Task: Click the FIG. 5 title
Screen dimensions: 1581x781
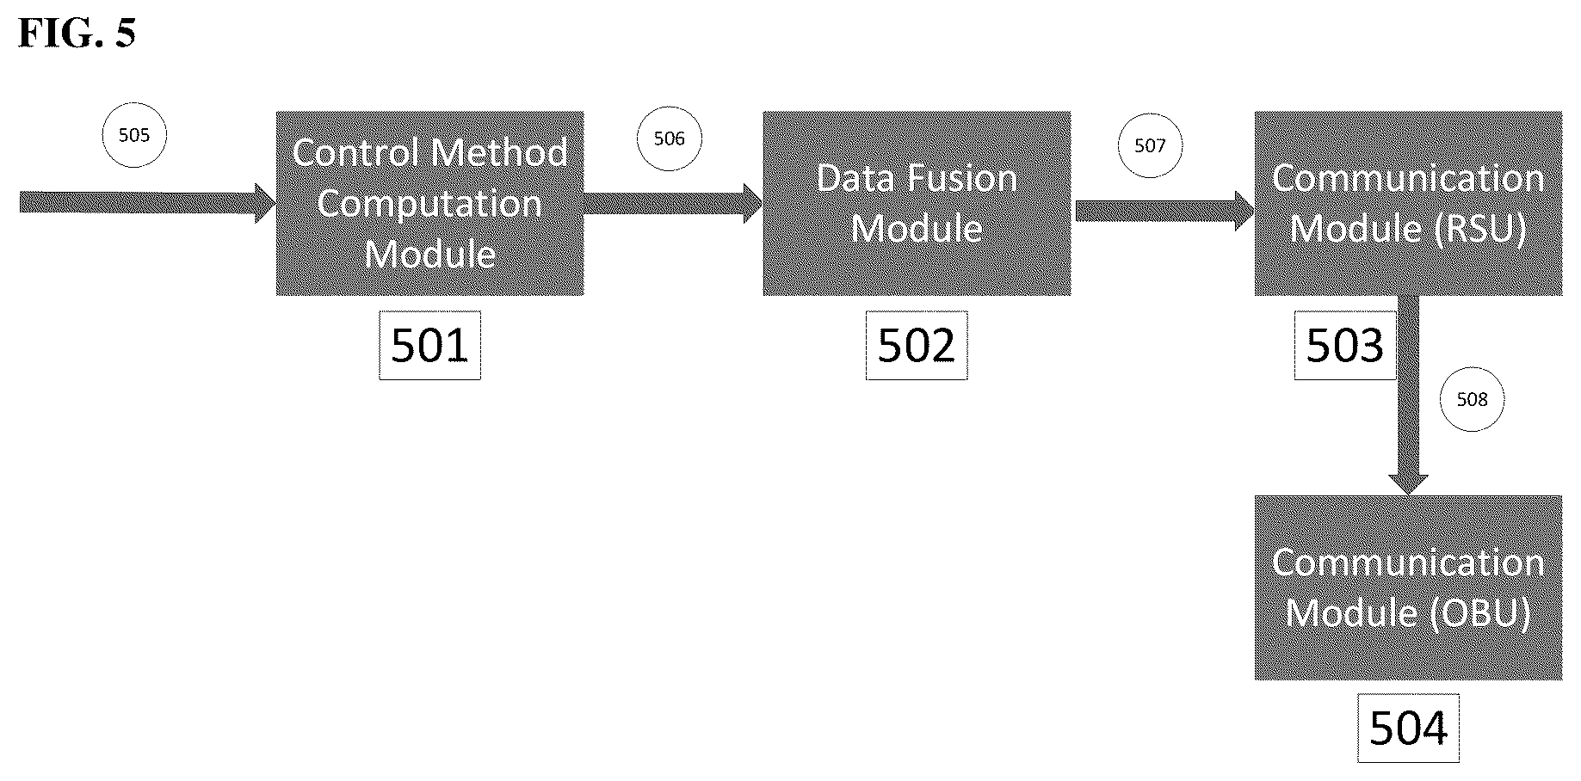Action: [x=77, y=34]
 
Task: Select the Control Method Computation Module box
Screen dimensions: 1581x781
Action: [x=429, y=203]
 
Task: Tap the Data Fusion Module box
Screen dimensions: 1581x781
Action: [x=917, y=203]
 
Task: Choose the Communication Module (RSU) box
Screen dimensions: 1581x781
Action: [x=1408, y=203]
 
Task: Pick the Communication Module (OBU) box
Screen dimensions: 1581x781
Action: [x=1408, y=587]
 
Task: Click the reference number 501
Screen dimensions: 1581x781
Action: [x=429, y=346]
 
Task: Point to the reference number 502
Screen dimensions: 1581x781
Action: [x=917, y=346]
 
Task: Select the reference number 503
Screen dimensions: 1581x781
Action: [x=1344, y=346]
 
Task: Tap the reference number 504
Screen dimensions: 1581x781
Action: [x=1408, y=729]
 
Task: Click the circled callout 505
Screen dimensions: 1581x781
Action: [x=134, y=135]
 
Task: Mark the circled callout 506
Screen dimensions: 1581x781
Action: [x=669, y=138]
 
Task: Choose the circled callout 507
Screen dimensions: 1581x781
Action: [x=1150, y=146]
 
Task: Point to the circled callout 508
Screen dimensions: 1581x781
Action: [x=1472, y=399]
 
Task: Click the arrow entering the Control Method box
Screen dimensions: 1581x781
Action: [x=147, y=203]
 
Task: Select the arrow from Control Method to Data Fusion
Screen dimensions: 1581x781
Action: [x=673, y=203]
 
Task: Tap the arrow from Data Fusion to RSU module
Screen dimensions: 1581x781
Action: [x=1164, y=211]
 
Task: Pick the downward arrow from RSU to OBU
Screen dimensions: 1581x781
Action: [x=1408, y=396]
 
